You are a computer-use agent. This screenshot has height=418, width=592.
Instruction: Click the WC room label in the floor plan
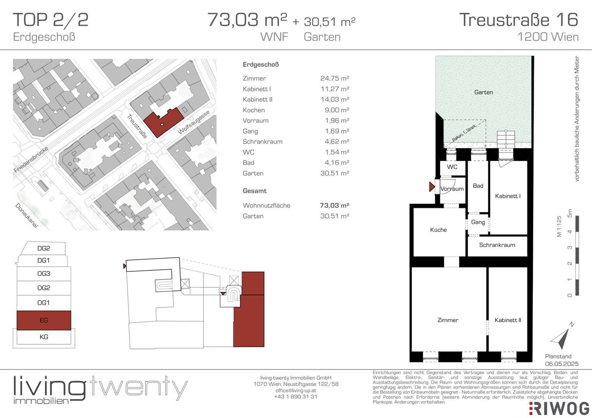point(452,167)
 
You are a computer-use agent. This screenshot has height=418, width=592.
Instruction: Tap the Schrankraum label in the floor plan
point(497,245)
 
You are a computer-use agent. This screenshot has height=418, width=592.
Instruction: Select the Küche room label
point(438,230)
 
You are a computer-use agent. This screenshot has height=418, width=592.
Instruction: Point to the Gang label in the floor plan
point(478,222)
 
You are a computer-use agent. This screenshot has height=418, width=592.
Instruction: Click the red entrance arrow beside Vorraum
point(432,187)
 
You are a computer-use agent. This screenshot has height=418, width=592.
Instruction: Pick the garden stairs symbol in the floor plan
point(506,139)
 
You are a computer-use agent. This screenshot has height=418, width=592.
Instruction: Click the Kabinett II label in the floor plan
point(508,320)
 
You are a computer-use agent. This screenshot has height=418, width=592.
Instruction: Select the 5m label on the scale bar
point(570,213)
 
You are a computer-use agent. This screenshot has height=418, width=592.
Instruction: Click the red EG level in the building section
point(44,320)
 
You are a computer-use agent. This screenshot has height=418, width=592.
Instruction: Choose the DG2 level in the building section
point(44,248)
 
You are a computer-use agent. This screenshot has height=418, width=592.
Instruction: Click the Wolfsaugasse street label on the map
point(194,122)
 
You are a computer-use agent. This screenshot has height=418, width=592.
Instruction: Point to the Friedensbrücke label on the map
point(31,159)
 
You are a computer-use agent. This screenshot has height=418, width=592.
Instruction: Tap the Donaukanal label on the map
point(26,215)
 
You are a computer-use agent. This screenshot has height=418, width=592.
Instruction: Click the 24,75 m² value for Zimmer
point(335,78)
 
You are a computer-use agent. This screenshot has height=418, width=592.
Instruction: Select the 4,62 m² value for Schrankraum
point(337,142)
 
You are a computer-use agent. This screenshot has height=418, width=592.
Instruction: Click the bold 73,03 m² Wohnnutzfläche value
point(334,206)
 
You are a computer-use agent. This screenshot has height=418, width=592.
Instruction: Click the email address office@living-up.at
point(296,390)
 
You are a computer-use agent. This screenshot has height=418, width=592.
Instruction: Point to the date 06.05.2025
point(562,364)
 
